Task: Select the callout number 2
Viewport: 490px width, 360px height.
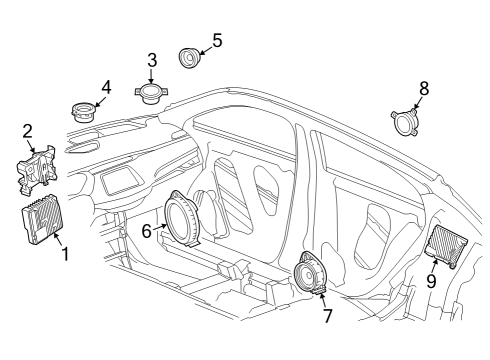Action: click(x=27, y=129)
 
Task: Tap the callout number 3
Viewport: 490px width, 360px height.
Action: click(x=152, y=60)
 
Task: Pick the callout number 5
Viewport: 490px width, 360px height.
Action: click(x=217, y=41)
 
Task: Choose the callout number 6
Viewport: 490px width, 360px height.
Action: click(x=146, y=229)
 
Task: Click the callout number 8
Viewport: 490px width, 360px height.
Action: click(x=424, y=89)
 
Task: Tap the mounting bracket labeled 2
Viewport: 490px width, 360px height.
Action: click(x=35, y=166)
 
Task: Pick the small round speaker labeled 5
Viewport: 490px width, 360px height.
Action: click(x=188, y=57)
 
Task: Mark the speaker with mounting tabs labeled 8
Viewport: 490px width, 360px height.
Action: click(x=407, y=124)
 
